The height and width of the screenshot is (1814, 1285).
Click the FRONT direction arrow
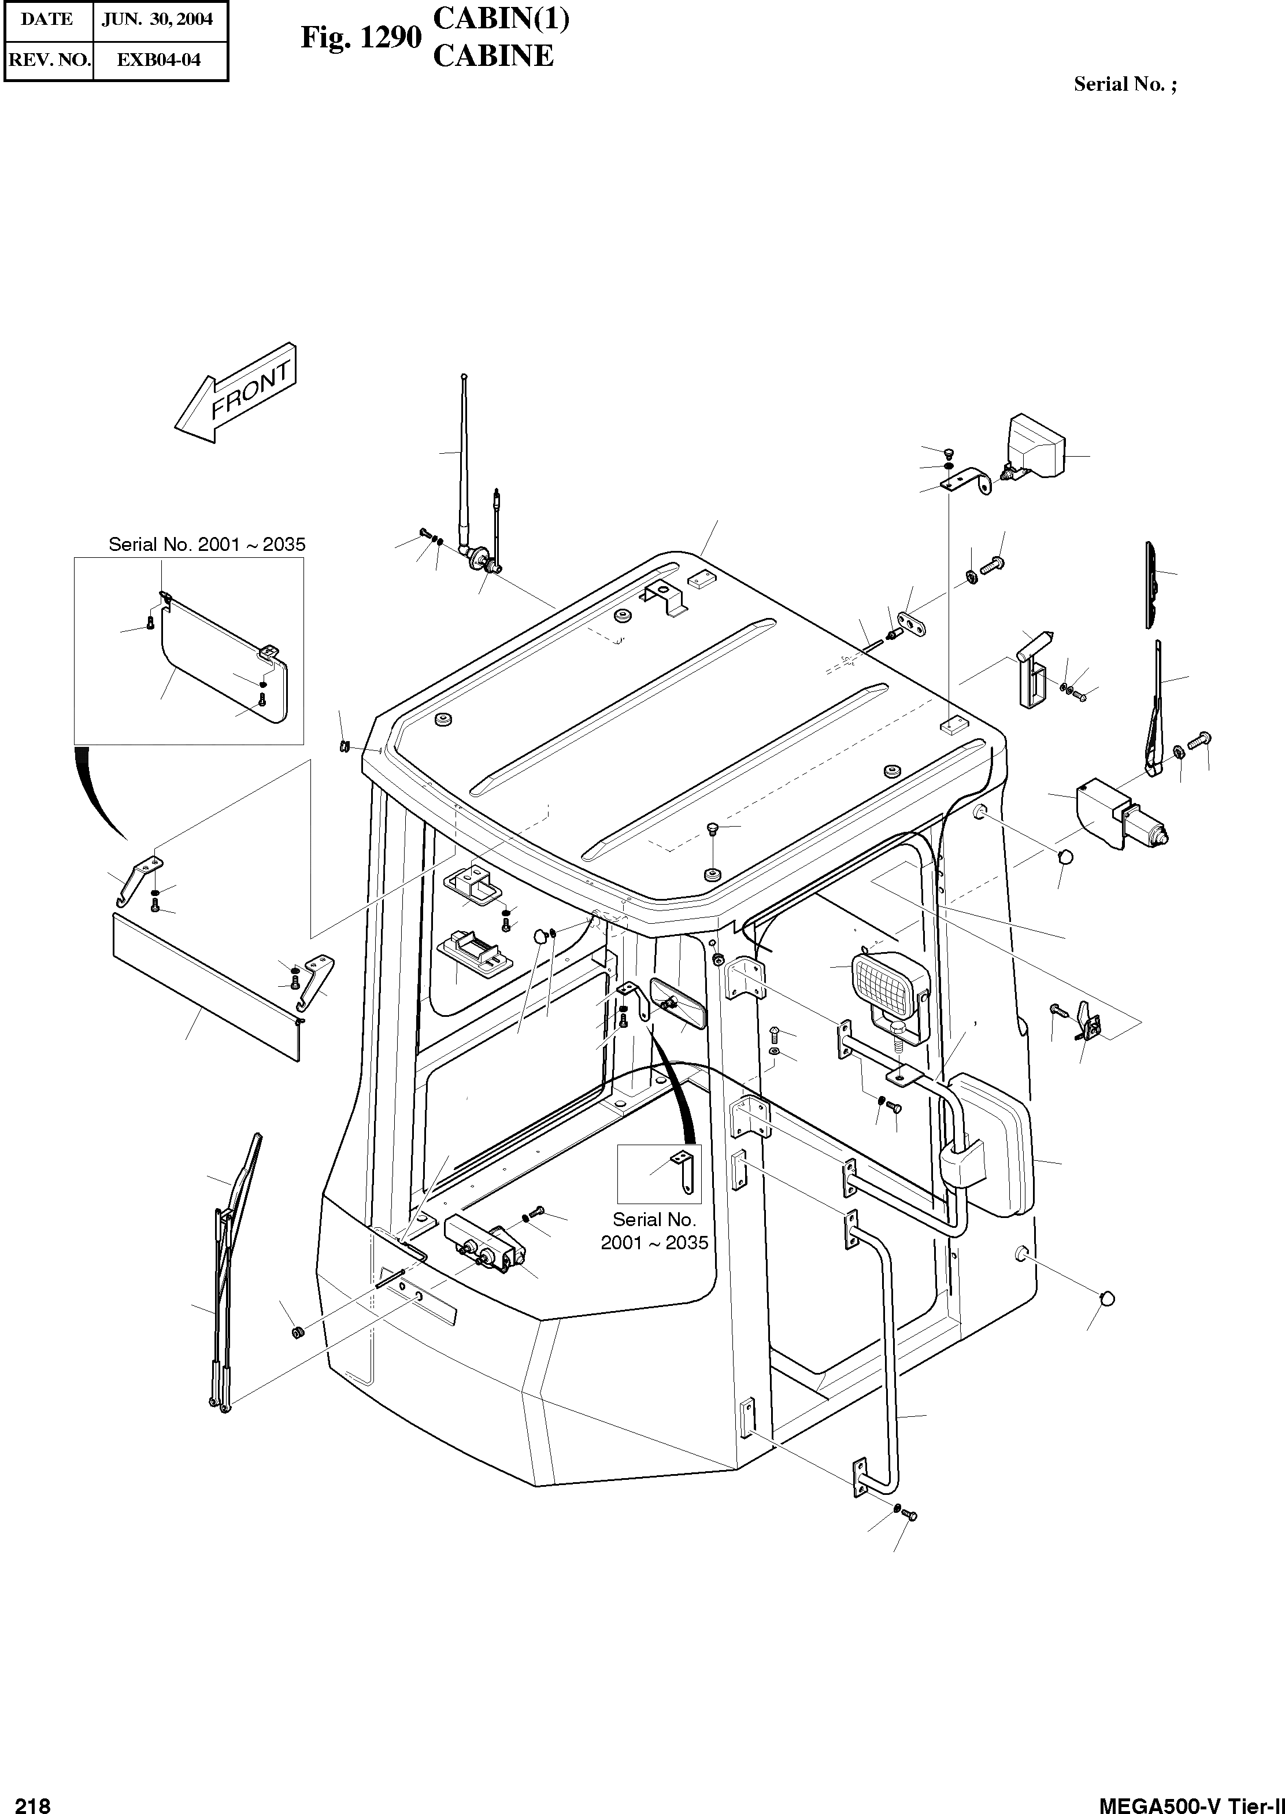point(236,393)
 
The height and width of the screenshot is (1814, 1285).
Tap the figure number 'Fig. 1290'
point(360,37)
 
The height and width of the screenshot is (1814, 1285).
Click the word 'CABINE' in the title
point(493,56)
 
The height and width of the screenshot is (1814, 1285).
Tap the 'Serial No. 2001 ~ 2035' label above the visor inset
point(206,545)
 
